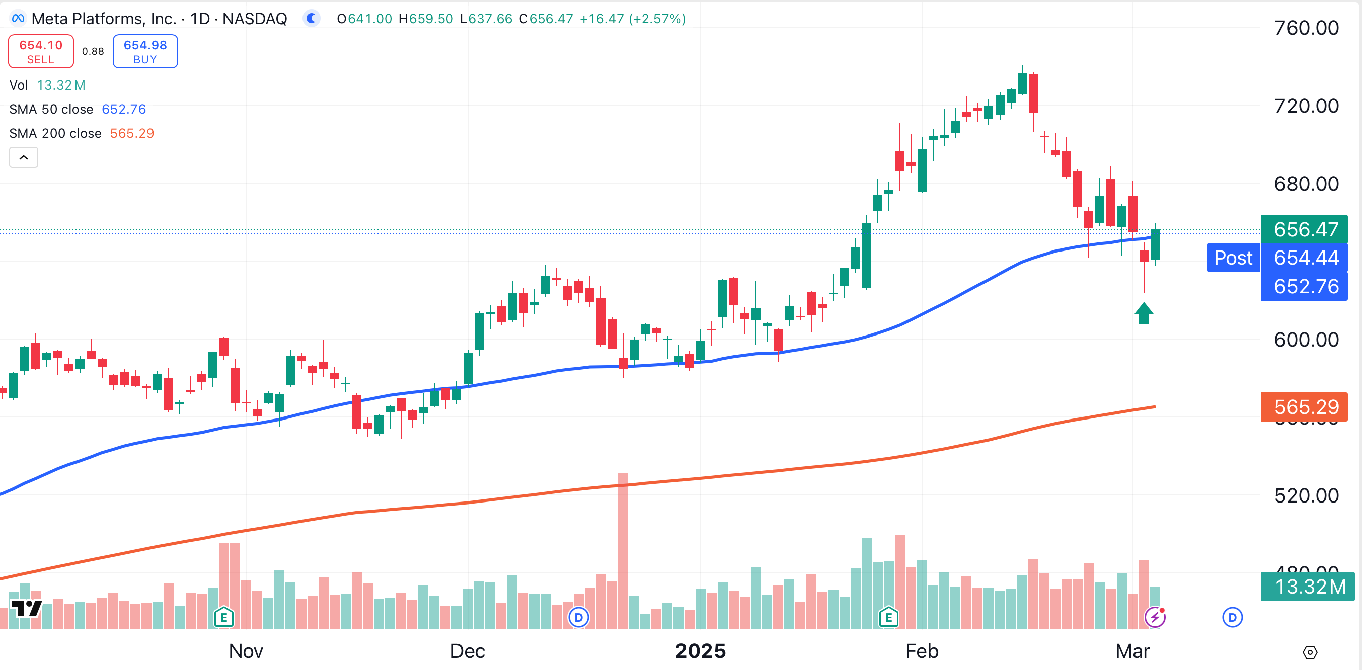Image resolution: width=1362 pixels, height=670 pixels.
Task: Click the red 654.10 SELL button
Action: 41,51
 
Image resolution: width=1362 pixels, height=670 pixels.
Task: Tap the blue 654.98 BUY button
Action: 145,51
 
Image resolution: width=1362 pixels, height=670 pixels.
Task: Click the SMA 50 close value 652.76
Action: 124,109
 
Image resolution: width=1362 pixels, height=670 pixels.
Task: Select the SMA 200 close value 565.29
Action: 132,134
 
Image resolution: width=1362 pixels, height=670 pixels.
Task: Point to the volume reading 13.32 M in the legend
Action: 61,85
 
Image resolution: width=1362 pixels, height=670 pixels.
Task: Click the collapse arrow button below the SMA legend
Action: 24,157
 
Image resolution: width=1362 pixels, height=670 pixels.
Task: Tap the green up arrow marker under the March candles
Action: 1144,313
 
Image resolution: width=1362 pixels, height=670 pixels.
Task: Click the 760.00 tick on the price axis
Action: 1306,28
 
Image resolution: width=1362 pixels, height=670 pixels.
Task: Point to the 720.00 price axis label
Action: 1306,106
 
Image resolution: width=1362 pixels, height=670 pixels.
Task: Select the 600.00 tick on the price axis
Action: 1306,340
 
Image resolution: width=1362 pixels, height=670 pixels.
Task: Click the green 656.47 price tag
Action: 1305,229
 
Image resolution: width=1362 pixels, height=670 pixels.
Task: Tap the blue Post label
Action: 1233,258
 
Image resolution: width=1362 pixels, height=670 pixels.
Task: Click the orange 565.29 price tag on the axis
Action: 1305,407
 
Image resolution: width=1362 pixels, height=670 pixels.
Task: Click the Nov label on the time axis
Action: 246,651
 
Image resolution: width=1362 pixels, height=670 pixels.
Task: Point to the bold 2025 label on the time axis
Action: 701,651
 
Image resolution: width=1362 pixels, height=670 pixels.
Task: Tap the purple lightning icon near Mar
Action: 1155,617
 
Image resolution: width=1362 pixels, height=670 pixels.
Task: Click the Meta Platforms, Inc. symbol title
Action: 104,19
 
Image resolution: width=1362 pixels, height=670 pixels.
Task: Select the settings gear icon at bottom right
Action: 1309,652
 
